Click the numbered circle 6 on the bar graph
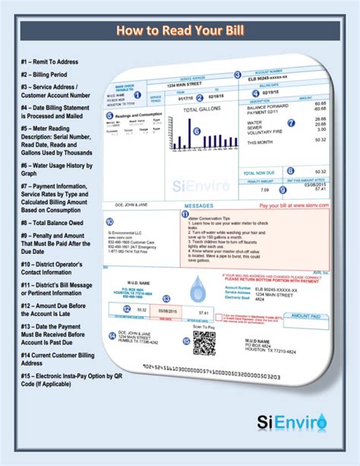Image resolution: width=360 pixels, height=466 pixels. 196,131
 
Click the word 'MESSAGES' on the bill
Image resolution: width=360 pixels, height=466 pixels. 204,205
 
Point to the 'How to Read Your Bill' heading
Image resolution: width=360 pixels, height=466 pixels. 179,30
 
